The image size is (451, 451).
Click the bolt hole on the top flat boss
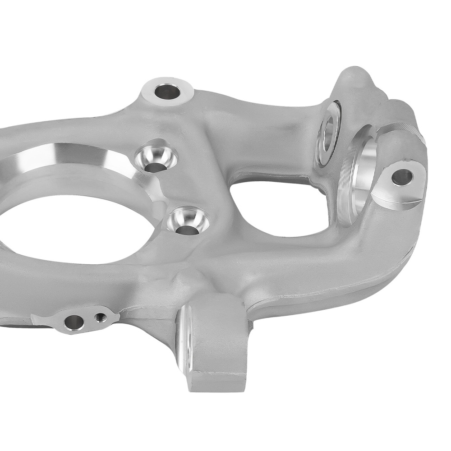tap(167, 92)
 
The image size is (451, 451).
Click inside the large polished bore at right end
tap(363, 180)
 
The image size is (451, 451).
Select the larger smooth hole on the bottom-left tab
tap(74, 322)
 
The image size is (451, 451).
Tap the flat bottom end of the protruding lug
tap(216, 381)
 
